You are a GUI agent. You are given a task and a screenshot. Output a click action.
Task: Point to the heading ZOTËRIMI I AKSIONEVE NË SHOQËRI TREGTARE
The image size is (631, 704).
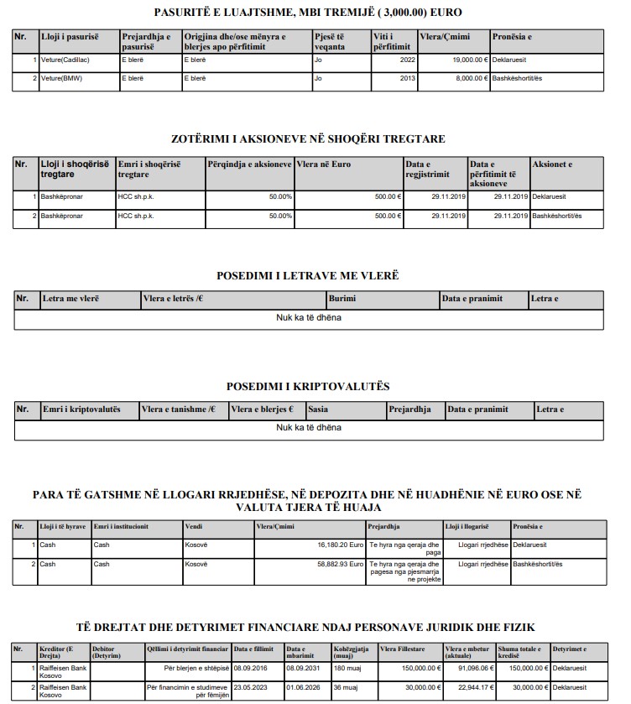[x=307, y=138]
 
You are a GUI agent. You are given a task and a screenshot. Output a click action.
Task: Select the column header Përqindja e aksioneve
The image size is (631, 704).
[x=249, y=164]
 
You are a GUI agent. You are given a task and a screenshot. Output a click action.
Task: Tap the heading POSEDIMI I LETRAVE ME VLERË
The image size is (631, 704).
[x=307, y=276]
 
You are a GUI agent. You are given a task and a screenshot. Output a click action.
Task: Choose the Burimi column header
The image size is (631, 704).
[x=342, y=299]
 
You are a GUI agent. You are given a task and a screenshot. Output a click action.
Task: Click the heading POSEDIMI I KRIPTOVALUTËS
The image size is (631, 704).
[x=307, y=387]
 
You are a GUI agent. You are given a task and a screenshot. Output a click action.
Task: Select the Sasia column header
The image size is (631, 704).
[x=318, y=409]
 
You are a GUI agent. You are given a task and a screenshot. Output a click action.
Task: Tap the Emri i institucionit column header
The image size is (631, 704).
[x=122, y=527]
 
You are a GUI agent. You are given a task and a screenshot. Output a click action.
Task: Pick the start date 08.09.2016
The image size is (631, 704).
[x=252, y=669]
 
